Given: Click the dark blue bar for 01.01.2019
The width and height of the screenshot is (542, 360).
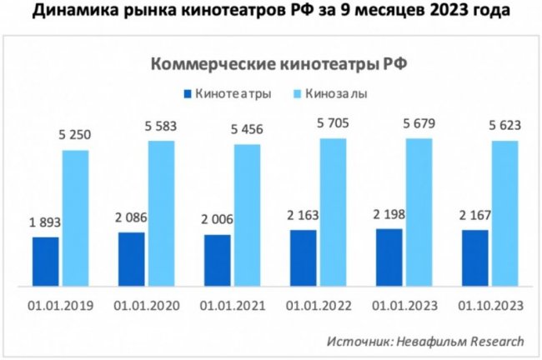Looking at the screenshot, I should (46, 262).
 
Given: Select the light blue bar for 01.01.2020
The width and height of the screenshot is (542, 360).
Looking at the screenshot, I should (162, 213).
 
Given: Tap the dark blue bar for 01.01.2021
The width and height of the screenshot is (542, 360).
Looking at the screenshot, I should (217, 260).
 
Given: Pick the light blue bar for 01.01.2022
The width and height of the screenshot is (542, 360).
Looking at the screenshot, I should (333, 212).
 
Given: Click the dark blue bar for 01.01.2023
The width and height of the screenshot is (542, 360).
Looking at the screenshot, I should (389, 257).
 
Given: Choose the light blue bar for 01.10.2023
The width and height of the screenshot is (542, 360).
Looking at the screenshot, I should (504, 213).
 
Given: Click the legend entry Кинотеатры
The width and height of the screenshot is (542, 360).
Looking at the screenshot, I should (227, 93).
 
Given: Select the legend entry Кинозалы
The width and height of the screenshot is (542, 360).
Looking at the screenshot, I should (334, 93).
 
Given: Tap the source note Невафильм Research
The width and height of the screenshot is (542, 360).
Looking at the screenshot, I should (426, 341).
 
